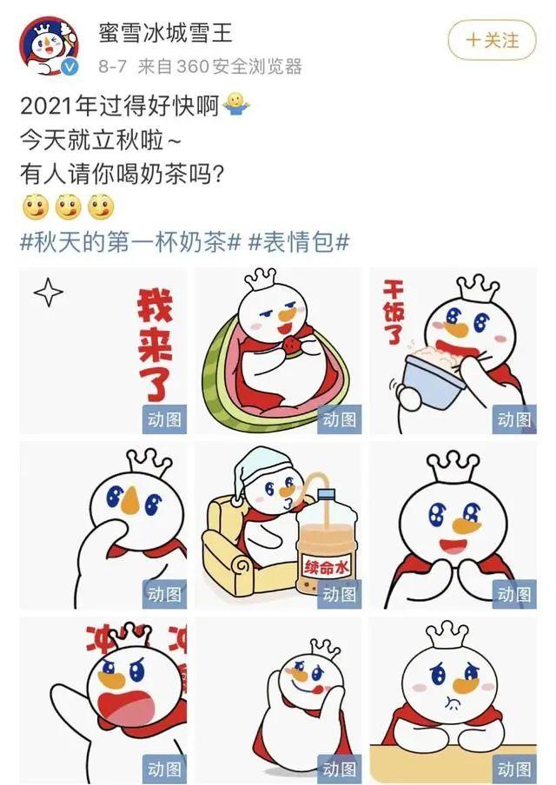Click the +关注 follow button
492,40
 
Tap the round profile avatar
50,46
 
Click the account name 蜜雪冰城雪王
165,33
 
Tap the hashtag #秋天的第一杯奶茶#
130,243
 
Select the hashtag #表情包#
299,243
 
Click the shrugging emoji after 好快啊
235,104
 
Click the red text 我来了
156,345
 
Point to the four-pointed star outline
49,292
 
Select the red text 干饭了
394,312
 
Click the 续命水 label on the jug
326,567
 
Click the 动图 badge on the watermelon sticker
340,419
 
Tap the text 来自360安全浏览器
220,66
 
